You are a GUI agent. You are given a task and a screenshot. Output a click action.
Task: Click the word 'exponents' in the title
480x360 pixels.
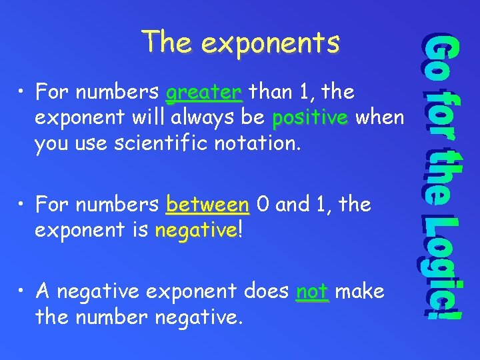pyautogui.click(x=270, y=43)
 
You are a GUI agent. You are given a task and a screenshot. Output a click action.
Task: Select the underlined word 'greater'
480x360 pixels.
pyautogui.click(x=203, y=91)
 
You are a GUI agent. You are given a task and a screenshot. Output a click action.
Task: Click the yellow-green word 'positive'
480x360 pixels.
pyautogui.click(x=310, y=118)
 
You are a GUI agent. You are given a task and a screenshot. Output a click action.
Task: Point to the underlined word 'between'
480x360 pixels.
pyautogui.click(x=207, y=203)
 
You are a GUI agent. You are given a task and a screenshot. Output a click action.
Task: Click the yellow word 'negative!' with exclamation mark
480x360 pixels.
pyautogui.click(x=196, y=231)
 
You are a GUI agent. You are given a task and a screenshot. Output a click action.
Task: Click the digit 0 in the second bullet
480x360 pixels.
pyautogui.click(x=263, y=203)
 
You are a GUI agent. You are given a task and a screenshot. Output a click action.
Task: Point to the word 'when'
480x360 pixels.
pyautogui.click(x=379, y=118)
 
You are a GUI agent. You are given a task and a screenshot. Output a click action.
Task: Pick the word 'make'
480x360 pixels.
pyautogui.click(x=361, y=291)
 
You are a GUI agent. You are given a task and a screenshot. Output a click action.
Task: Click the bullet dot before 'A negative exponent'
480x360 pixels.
pyautogui.click(x=23, y=291)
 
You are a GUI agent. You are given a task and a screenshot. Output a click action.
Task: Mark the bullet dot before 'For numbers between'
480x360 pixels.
pyautogui.click(x=23, y=204)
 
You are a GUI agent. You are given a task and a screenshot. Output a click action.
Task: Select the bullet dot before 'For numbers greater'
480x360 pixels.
pyautogui.click(x=23, y=92)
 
